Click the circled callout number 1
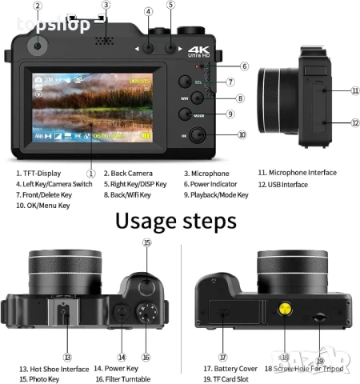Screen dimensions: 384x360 [90, 172]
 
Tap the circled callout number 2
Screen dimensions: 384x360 [38, 6]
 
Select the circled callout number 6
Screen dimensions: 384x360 [245, 66]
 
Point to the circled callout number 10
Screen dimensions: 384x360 [242, 134]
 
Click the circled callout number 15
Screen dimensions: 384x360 [146, 242]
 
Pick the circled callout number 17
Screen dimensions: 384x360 [223, 357]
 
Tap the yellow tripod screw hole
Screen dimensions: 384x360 [284, 312]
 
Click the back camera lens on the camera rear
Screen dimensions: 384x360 [38, 47]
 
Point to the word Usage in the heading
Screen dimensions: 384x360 [146, 219]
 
